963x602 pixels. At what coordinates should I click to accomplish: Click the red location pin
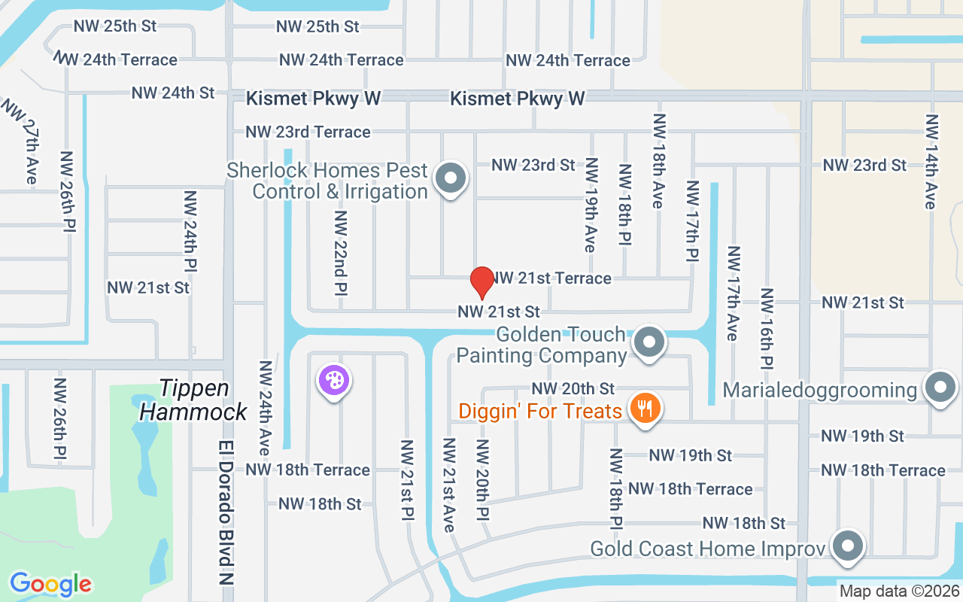[481, 282]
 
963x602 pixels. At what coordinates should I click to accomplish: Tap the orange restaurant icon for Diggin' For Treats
[644, 409]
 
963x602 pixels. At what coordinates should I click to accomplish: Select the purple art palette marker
[334, 380]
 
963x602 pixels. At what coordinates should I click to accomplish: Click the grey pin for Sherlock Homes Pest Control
[451, 179]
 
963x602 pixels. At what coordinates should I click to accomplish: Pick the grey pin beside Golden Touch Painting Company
[649, 342]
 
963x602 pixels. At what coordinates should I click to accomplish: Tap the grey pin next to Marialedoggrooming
[939, 388]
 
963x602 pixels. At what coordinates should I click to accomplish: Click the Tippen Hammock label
[194, 400]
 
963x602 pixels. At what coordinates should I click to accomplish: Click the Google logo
[50, 584]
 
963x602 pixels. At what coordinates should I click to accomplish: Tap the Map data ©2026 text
[899, 591]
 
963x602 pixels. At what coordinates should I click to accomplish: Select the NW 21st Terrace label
[551, 278]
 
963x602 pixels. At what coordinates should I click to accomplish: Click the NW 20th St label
[573, 388]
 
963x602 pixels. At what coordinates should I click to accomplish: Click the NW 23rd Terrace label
[308, 132]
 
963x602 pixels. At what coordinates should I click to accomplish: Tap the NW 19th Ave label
[591, 205]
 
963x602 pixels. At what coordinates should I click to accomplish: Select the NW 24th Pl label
[190, 231]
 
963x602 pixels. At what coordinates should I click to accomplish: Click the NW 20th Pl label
[482, 480]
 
